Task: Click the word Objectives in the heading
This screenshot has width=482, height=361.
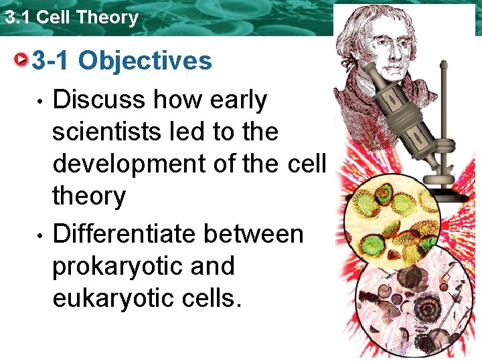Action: [x=145, y=62]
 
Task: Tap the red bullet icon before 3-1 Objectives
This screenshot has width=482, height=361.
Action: [x=23, y=61]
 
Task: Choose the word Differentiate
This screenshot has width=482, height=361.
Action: [x=124, y=235]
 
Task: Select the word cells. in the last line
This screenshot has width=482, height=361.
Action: [x=215, y=299]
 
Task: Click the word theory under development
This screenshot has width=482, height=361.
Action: [x=88, y=197]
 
